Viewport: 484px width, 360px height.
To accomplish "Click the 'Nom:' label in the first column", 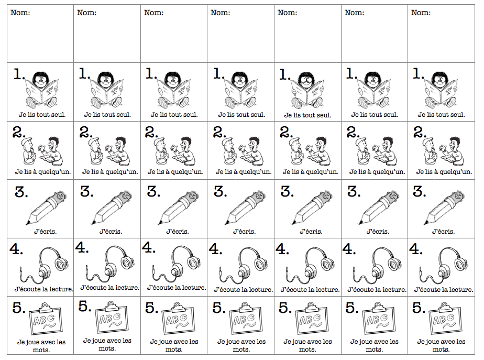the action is [x=20, y=13].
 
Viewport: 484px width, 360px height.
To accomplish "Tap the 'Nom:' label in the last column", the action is [x=421, y=13].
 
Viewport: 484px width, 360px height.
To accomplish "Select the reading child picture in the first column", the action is [x=42, y=90].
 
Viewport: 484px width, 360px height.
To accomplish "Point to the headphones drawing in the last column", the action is [x=444, y=265].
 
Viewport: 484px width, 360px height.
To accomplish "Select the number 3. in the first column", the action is [x=21, y=192].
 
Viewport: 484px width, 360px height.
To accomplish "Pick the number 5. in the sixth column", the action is [x=352, y=308].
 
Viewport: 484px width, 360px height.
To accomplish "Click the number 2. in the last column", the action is [x=420, y=132].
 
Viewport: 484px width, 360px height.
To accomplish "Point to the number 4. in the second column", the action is [x=82, y=247].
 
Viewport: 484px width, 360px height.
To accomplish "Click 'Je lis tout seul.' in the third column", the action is [x=174, y=115].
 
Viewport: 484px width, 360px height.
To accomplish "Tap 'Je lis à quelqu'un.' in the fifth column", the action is [x=311, y=172].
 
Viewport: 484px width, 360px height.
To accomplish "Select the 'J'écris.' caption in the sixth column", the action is [x=378, y=231].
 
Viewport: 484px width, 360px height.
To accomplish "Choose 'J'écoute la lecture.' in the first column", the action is [x=44, y=289].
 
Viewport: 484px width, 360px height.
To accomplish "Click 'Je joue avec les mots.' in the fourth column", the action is [x=241, y=345].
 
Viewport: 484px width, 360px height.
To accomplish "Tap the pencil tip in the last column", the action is [x=425, y=223].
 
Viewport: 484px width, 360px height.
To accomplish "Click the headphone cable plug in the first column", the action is [x=20, y=270].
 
